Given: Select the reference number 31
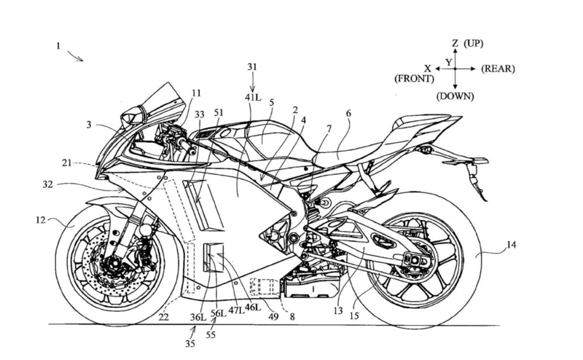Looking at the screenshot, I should click(251, 67).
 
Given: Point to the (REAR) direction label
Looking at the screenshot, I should click(498, 69).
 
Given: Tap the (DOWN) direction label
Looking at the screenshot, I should click(455, 96).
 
